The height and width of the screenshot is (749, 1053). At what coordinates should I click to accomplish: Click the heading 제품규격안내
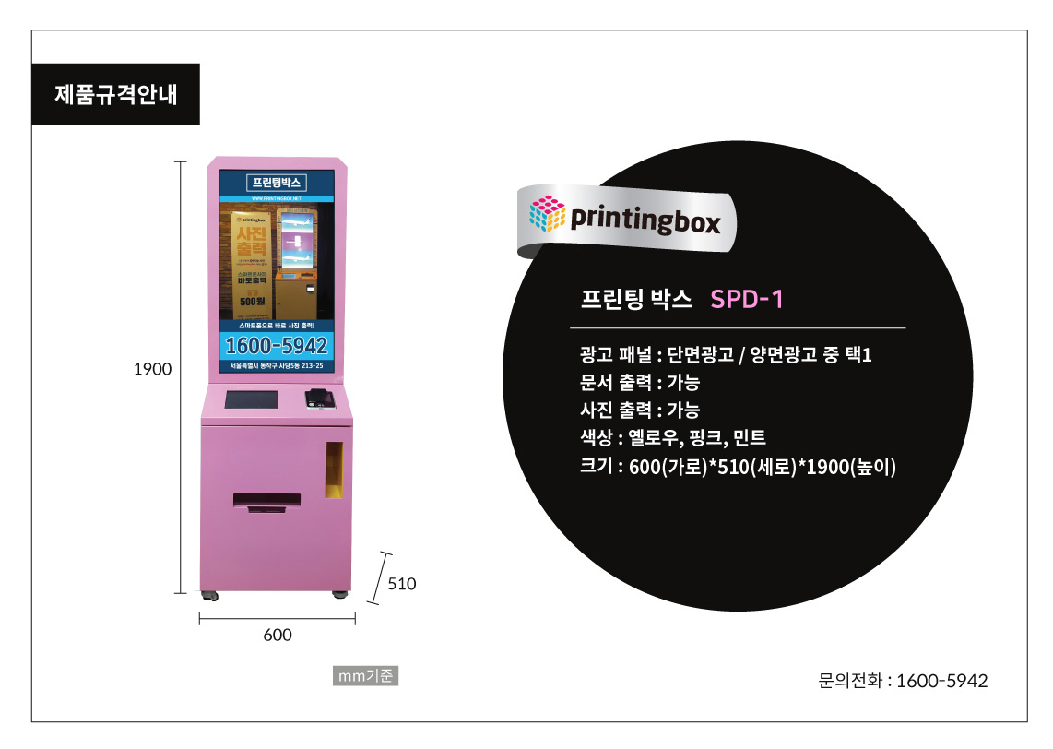pyautogui.click(x=115, y=94)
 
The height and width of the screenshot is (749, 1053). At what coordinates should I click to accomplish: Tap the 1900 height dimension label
pyautogui.click(x=153, y=369)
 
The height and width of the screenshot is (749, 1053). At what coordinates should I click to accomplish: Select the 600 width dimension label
pyautogui.click(x=278, y=635)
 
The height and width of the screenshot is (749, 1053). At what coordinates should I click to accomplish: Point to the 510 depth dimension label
pyautogui.click(x=402, y=584)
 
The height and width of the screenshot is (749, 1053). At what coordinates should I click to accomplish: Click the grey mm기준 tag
pyautogui.click(x=366, y=676)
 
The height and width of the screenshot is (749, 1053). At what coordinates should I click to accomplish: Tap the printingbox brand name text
pyautogui.click(x=645, y=220)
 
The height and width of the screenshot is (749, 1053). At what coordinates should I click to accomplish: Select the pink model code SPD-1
pyautogui.click(x=747, y=299)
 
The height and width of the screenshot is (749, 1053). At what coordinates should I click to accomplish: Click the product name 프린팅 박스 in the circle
pyautogui.click(x=635, y=299)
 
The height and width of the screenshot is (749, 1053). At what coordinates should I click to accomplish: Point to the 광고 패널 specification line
pyautogui.click(x=726, y=355)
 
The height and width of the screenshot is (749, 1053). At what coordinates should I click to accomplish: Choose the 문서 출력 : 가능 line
pyautogui.click(x=639, y=383)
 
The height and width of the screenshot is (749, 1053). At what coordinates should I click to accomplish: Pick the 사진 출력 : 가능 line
pyautogui.click(x=639, y=410)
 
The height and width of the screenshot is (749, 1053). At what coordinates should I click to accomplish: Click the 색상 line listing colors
pyautogui.click(x=673, y=438)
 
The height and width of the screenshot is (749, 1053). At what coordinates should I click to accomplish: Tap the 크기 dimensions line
pyautogui.click(x=738, y=467)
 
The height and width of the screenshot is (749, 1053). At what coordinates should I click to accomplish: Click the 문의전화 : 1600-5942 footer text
pyautogui.click(x=903, y=681)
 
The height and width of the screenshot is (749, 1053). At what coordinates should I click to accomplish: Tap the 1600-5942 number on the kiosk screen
pyautogui.click(x=277, y=346)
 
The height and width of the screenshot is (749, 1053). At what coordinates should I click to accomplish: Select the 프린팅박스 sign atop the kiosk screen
pyautogui.click(x=278, y=181)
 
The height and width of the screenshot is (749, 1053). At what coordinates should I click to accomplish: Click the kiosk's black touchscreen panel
pyautogui.click(x=252, y=400)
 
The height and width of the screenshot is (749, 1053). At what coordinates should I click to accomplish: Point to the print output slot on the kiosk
pyautogui.click(x=266, y=501)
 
